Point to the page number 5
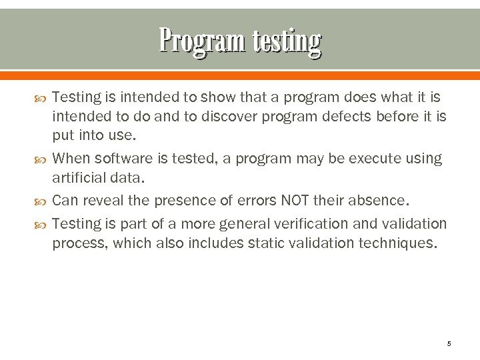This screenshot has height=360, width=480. (449, 343)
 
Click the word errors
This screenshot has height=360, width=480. (250, 201)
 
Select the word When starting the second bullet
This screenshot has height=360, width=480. (71, 159)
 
